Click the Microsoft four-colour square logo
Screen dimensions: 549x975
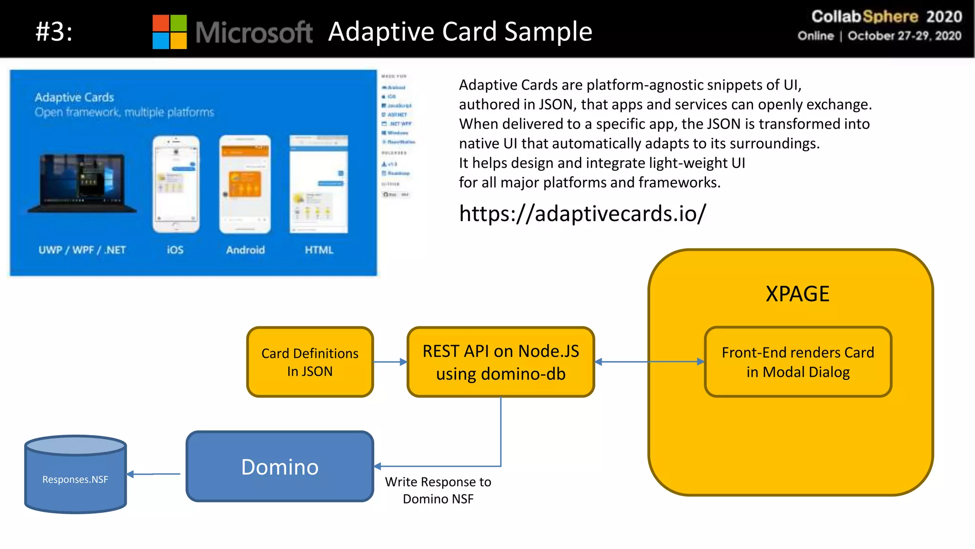coord(169,32)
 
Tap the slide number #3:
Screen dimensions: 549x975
coord(54,32)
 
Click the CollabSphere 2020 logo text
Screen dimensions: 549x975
coord(886,17)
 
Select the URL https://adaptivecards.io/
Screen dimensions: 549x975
coord(582,213)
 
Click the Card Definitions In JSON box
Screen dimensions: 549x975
coord(310,362)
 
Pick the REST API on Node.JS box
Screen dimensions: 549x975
coord(500,362)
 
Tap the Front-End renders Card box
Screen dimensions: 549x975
coord(797,362)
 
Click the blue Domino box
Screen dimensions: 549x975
coord(279,467)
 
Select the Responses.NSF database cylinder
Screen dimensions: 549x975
coord(75,475)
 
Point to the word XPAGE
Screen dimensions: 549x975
coord(797,294)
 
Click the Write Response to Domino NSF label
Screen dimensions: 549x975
coord(438,490)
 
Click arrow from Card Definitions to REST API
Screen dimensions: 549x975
coord(390,362)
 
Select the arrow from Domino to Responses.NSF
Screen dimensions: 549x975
coord(154,474)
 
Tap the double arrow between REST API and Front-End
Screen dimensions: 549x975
coord(649,362)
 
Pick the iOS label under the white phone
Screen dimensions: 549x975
coord(175,250)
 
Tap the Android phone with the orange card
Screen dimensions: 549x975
coord(245,184)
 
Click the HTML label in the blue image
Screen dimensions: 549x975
coord(319,250)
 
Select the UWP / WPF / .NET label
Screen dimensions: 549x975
coord(82,250)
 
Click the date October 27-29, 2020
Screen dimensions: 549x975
coord(904,36)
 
